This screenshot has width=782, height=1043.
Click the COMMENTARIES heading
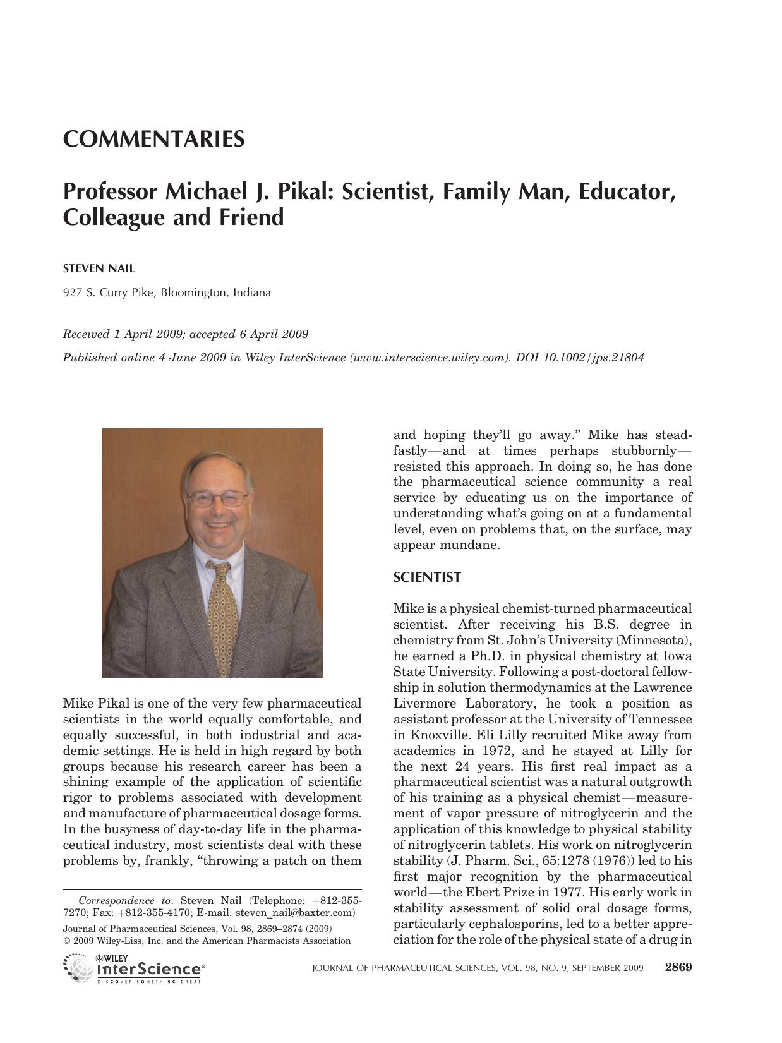[153, 139]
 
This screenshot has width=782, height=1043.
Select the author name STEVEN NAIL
[99, 268]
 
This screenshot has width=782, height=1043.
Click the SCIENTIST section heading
[427, 577]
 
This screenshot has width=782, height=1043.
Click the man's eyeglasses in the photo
[217, 498]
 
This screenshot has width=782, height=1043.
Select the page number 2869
[678, 967]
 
